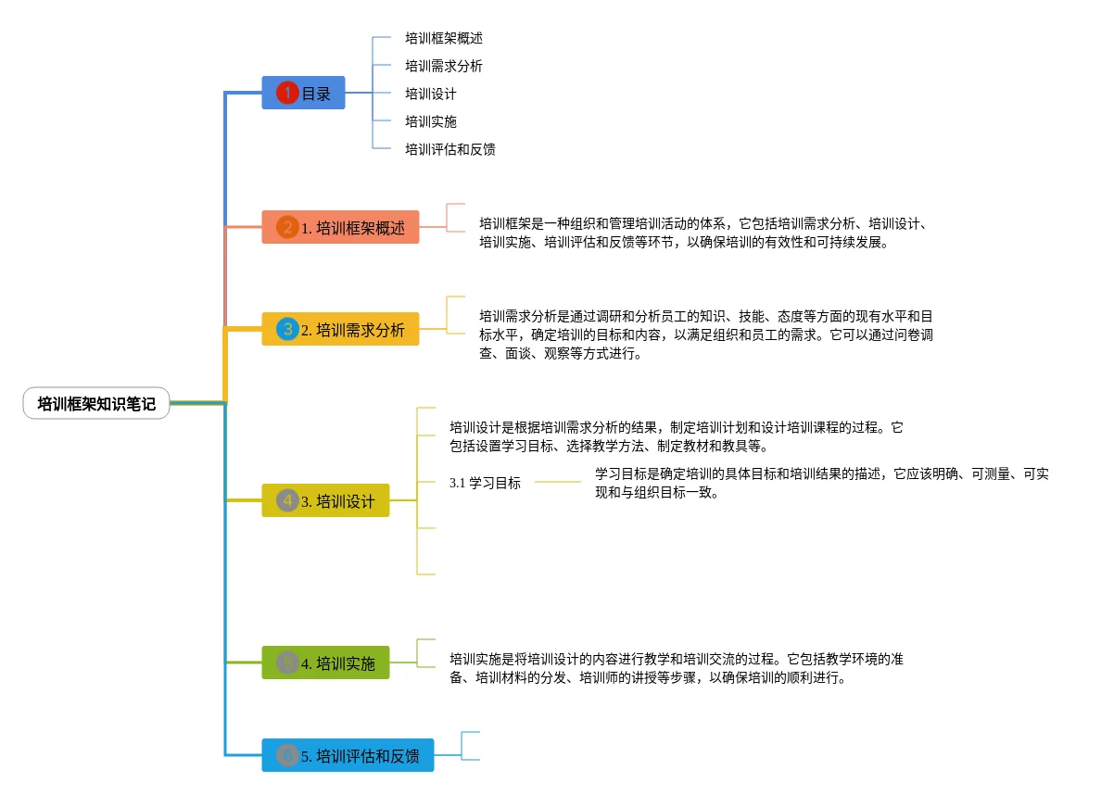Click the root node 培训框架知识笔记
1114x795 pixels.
[x=96, y=404]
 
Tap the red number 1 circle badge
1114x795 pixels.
[x=287, y=93]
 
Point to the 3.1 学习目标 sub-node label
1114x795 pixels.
[x=485, y=483]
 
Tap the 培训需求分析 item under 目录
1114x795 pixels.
[x=444, y=66]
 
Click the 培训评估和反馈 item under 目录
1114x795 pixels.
[x=450, y=149]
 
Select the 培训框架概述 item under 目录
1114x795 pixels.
[x=444, y=38]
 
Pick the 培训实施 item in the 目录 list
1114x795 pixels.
[x=431, y=121]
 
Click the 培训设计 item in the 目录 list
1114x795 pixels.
[x=431, y=94]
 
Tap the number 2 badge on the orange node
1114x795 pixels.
[x=287, y=227]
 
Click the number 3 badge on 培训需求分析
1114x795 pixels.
[x=287, y=329]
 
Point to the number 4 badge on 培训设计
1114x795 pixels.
[x=287, y=500]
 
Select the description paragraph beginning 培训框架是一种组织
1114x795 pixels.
[x=704, y=233]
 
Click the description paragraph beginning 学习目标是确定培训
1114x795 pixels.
[x=822, y=483]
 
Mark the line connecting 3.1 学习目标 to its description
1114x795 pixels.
[x=558, y=482]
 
